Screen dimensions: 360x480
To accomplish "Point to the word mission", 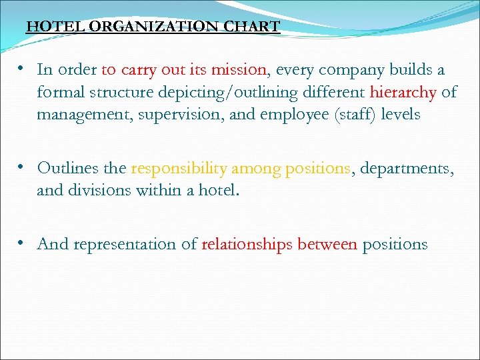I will (239, 70).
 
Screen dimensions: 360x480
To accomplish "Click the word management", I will (82, 115).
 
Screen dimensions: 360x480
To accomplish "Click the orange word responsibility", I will (179, 168).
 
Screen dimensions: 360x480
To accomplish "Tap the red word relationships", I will (247, 244).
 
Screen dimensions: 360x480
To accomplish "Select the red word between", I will (327, 244).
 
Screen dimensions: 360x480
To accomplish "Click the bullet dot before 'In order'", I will (22, 69).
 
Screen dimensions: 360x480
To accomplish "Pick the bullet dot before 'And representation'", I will (22, 243).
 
